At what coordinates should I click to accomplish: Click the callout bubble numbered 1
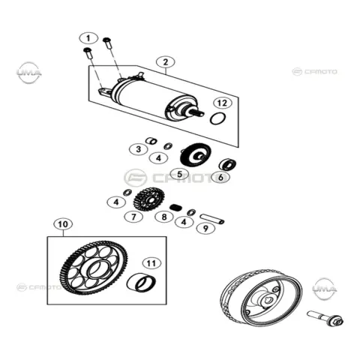88,38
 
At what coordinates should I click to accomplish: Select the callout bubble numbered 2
165,62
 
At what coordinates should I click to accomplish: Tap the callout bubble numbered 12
223,103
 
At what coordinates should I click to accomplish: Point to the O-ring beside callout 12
218,118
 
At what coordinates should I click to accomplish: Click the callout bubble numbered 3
139,149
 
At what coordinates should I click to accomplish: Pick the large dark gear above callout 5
196,154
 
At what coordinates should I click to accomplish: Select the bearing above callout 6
227,164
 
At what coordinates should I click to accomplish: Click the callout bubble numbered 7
133,217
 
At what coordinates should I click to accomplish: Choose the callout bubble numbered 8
164,217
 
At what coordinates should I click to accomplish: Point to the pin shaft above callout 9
212,218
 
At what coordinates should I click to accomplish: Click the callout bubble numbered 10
63,224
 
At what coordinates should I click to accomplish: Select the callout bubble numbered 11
151,263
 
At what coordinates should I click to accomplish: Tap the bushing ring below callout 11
141,283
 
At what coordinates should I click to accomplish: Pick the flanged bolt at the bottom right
325,318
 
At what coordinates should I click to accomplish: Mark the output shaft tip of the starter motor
202,114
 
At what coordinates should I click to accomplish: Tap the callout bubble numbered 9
205,228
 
